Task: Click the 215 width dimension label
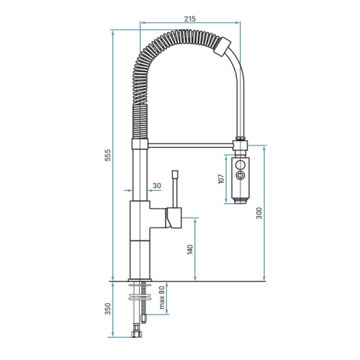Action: [190, 19]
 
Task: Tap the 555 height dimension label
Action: [108, 155]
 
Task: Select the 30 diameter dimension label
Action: [157, 186]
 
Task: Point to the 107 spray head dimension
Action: [221, 179]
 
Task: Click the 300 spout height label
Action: [259, 213]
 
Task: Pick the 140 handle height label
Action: [190, 250]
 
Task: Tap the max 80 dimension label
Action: [162, 297]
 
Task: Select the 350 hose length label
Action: [108, 309]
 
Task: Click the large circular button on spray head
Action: [240, 165]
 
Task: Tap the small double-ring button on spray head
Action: [240, 176]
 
